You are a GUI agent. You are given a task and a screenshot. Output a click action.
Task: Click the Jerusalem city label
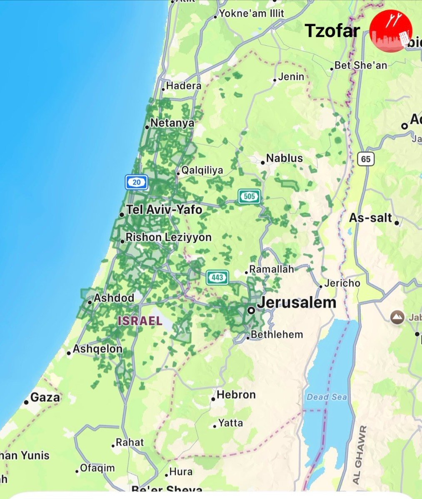pos(296,302)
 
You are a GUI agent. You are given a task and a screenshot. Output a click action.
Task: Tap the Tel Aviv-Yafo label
pos(164,210)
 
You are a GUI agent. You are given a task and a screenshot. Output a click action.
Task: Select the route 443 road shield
pos(217,277)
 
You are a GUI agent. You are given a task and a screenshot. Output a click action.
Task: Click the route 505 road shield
pos(249,196)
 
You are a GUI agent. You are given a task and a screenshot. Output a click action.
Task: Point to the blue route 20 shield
pos(137,182)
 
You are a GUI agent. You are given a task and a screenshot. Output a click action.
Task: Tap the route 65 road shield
pos(366,158)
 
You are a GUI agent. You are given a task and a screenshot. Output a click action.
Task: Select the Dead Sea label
pos(327,397)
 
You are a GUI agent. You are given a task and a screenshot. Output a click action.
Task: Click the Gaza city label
pos(45,398)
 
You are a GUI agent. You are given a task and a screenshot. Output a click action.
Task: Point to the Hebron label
pos(236,394)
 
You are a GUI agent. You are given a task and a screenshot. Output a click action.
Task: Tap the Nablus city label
pos(285,158)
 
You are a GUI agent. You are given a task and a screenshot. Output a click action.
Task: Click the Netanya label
pos(172,123)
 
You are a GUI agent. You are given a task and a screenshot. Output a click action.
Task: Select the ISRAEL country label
pos(140,321)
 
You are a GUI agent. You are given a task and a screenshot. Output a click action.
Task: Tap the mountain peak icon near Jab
pos(397,318)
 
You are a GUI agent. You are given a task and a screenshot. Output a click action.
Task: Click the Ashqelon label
pos(97,349)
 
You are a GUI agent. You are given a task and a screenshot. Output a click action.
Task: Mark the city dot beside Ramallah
pos(247,272)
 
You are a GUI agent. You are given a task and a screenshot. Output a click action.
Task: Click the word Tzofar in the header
pos(332,30)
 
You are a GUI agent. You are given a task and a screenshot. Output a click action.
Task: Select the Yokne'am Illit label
pos(252,13)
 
